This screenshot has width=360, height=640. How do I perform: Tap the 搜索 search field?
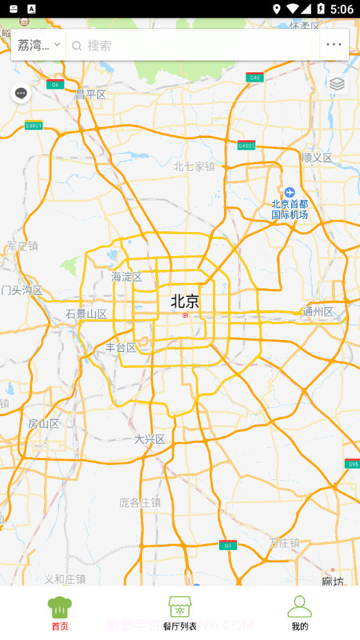coord(192,45)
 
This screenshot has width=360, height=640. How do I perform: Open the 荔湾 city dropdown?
coord(38,45)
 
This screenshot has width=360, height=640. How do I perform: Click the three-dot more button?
coord(334,45)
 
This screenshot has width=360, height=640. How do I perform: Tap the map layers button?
coord(337,84)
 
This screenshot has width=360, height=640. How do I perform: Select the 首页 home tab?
coord(60,613)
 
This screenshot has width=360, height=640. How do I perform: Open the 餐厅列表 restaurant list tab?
coord(180,613)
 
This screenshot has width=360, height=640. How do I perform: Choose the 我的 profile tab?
coord(300,613)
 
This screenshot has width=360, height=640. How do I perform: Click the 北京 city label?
coord(185,301)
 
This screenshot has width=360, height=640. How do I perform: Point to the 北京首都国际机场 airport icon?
coord(289,192)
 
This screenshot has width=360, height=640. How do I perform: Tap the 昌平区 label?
coord(91,95)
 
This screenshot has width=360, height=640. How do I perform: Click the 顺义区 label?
coord(317,158)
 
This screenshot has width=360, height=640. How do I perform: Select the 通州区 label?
coord(318,312)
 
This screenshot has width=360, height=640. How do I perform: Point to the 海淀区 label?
coord(126,277)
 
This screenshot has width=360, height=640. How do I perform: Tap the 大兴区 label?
coord(150,439)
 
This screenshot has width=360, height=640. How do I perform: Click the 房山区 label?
coord(44,424)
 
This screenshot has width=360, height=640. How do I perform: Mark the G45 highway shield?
coord(255,78)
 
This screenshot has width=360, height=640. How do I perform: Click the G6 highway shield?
coord(55,85)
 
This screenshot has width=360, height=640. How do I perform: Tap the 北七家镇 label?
coord(194,166)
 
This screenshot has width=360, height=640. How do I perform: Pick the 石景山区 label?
coord(87,315)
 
